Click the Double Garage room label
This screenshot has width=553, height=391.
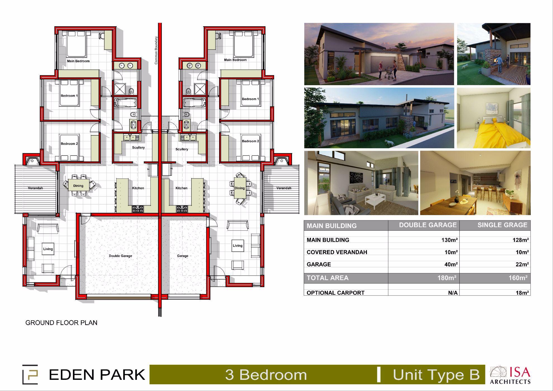point(120,256)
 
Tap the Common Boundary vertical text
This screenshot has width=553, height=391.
point(156,50)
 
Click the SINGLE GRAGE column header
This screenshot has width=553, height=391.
point(502,225)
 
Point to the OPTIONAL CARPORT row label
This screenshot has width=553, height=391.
point(335,293)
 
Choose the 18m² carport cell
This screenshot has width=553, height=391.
point(522,293)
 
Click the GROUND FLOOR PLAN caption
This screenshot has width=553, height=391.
point(61,323)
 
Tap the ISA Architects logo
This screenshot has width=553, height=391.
point(510,375)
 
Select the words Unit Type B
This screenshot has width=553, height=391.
point(436,375)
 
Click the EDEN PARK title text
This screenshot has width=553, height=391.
point(97,375)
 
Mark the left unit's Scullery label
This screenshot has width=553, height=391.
point(138,147)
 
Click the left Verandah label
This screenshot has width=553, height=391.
point(35,188)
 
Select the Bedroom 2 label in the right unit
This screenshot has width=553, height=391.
point(250,141)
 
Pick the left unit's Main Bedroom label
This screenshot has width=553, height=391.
point(78,61)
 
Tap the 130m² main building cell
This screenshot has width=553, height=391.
point(450,240)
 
